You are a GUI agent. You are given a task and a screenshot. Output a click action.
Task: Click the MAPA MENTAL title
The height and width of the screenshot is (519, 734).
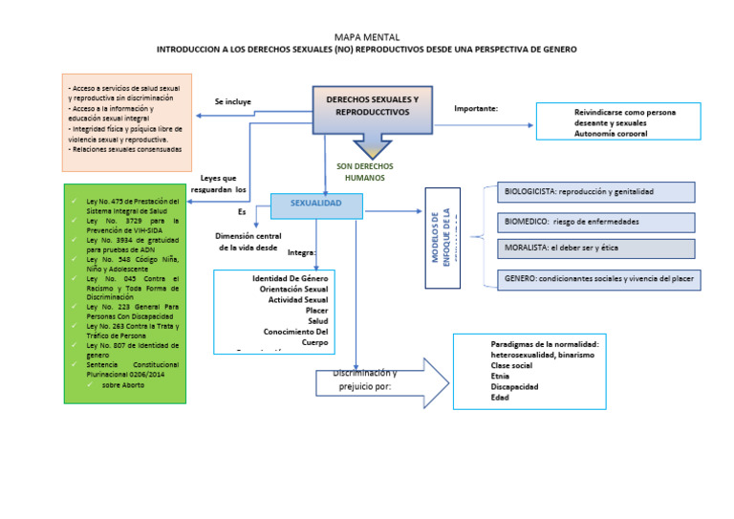(x=367, y=36)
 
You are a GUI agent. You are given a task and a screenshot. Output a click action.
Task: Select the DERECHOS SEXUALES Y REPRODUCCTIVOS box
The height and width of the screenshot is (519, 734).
(x=372, y=106)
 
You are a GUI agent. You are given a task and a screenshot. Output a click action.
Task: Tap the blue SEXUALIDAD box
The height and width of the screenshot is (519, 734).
(x=315, y=205)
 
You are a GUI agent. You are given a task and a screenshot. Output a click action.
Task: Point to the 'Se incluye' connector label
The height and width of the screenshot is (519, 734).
(x=232, y=101)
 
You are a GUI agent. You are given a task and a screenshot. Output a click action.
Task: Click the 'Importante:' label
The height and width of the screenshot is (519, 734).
(x=476, y=109)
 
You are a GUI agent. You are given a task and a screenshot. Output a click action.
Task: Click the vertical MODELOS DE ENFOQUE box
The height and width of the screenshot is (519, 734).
(x=442, y=237)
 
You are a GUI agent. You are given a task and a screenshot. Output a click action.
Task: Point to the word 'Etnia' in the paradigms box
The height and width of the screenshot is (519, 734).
(x=501, y=376)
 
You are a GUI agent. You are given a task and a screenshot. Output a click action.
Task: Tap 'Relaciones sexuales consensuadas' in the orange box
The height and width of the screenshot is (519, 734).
(x=125, y=149)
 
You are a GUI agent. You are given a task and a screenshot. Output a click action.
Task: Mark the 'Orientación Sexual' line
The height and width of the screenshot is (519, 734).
(x=293, y=289)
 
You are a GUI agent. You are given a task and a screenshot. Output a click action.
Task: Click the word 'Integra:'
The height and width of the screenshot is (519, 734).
(x=301, y=253)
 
